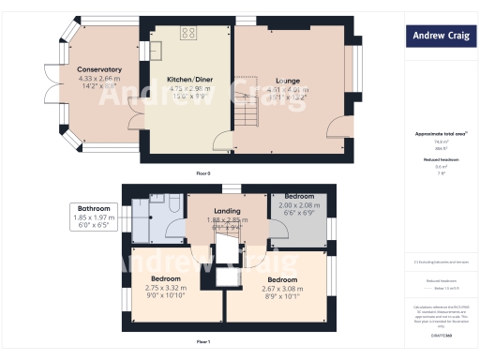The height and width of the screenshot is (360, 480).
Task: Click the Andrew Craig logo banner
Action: [440, 37]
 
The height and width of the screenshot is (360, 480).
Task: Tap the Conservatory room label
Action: [99, 69]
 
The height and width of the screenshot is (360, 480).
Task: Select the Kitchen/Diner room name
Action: [187, 80]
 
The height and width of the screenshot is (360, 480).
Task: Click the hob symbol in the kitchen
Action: [187, 33]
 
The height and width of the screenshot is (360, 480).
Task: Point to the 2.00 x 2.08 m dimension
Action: [300, 205]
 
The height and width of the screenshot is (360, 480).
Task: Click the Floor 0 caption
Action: [203, 174]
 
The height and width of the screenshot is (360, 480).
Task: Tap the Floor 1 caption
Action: [203, 341]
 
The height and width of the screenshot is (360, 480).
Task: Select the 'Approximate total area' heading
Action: [438, 133]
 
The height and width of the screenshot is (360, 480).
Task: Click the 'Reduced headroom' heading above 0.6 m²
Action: [440, 159]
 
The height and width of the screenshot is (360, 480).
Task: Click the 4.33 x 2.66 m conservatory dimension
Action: [99, 78]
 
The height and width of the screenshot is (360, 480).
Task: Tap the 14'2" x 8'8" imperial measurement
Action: [99, 86]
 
